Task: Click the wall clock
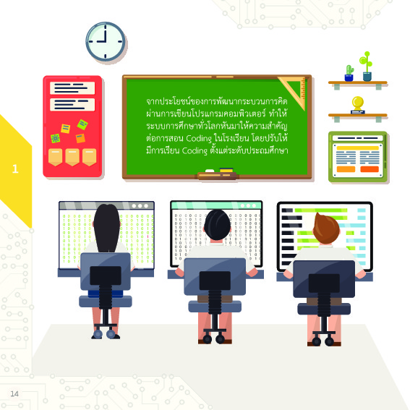[x=106, y=41]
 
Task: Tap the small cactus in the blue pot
[x=349, y=73]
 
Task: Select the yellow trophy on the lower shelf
[x=358, y=106]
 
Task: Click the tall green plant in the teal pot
[x=367, y=66]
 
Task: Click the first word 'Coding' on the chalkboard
[x=199, y=138]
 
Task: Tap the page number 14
[x=14, y=394]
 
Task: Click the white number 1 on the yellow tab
[x=15, y=169]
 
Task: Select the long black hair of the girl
[x=107, y=229]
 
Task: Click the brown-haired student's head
[x=326, y=229]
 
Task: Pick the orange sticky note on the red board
[x=80, y=138]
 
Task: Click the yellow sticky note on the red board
[x=65, y=129]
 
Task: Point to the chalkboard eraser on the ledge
[x=226, y=170]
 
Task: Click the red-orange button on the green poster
[x=370, y=169]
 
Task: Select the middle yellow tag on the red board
[x=72, y=157]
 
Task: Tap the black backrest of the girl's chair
[x=106, y=276]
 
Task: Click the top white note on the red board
[x=72, y=88]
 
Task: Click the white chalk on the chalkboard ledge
[x=210, y=171]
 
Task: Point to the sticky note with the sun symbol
[x=56, y=138]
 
